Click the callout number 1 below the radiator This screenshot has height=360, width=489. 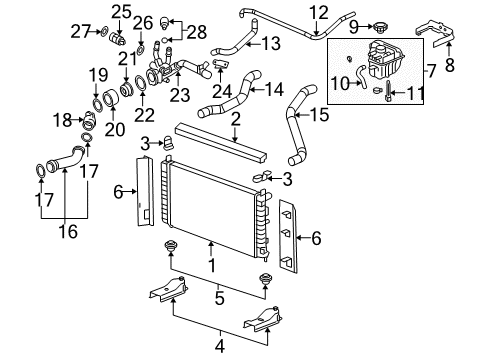pyautogui.click(x=210, y=266)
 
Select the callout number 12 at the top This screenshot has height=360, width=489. pyautogui.click(x=317, y=12)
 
